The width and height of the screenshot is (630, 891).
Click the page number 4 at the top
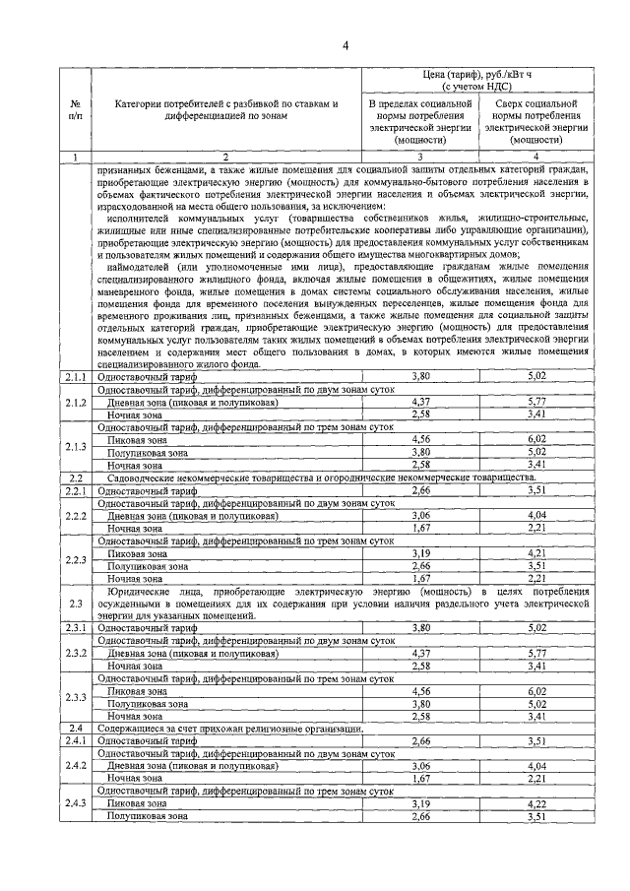click(x=346, y=45)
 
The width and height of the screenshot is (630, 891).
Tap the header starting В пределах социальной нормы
click(x=420, y=121)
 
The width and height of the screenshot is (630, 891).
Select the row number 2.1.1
click(x=76, y=375)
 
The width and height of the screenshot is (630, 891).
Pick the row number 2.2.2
click(x=76, y=515)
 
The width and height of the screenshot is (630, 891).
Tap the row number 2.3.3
click(x=76, y=696)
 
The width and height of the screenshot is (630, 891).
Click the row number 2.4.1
click(x=76, y=740)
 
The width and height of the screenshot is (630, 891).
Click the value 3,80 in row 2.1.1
click(x=420, y=375)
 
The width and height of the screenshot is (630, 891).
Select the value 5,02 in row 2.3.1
click(x=536, y=626)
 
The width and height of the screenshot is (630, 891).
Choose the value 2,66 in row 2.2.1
click(x=420, y=489)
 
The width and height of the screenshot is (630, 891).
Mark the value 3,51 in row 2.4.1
click(x=536, y=740)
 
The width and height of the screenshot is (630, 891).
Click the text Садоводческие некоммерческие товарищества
click(x=207, y=477)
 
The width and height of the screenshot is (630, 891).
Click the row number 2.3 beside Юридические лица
click(x=76, y=603)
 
